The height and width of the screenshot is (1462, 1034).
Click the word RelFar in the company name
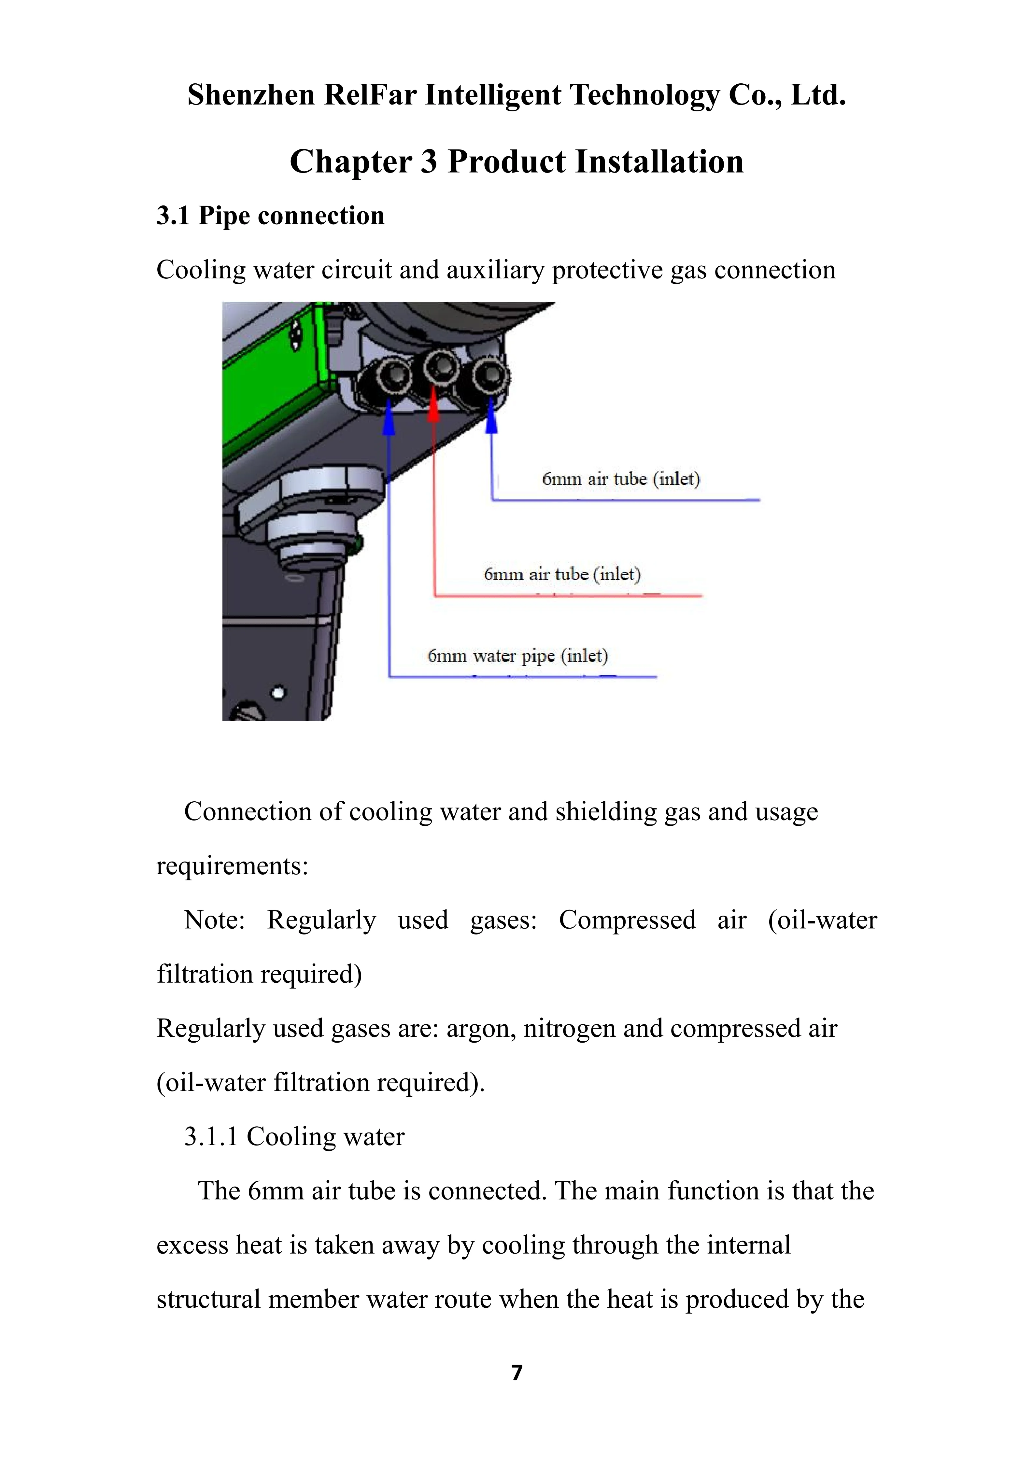click(370, 95)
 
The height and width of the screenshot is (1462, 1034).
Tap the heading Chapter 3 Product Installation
click(517, 162)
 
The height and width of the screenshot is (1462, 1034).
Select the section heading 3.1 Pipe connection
click(271, 216)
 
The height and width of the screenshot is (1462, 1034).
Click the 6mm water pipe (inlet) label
click(517, 655)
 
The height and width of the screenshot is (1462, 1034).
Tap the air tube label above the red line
click(561, 574)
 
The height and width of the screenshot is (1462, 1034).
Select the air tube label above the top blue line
click(621, 479)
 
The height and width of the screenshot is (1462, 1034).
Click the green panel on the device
click(274, 388)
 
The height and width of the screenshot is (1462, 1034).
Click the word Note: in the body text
click(214, 920)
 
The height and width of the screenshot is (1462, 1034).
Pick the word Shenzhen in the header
click(251, 95)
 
